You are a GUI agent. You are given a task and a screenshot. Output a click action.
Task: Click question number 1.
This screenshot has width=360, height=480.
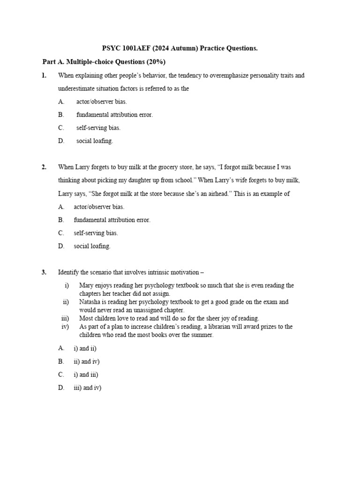tap(44, 75)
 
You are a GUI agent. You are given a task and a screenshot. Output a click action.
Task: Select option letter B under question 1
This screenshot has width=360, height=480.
tap(61, 114)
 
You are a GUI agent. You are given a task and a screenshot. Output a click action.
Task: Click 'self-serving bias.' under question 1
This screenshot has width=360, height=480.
tap(98, 127)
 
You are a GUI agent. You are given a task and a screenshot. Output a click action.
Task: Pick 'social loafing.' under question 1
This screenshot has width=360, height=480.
tap(95, 141)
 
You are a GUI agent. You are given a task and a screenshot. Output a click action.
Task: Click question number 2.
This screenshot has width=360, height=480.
tap(44, 167)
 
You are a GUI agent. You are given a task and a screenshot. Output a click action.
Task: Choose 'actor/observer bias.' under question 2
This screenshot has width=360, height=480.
tap(99, 207)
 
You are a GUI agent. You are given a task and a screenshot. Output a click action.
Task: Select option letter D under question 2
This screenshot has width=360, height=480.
tap(61, 246)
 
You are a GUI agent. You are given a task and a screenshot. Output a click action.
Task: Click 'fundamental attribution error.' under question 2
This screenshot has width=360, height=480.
tap(112, 220)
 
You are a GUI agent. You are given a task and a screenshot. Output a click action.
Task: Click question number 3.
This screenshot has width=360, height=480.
tap(44, 272)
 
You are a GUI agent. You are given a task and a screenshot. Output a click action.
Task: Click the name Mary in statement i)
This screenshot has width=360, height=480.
tap(87, 285)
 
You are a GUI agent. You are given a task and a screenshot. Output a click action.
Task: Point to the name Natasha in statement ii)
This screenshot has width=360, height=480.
tap(91, 302)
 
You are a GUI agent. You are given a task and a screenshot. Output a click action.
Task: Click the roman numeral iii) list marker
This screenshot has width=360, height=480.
tap(65, 318)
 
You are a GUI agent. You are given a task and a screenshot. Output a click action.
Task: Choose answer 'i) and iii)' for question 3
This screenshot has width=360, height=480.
tap(86, 375)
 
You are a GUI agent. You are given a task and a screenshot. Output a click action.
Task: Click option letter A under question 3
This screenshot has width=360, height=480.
tap(61, 348)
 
